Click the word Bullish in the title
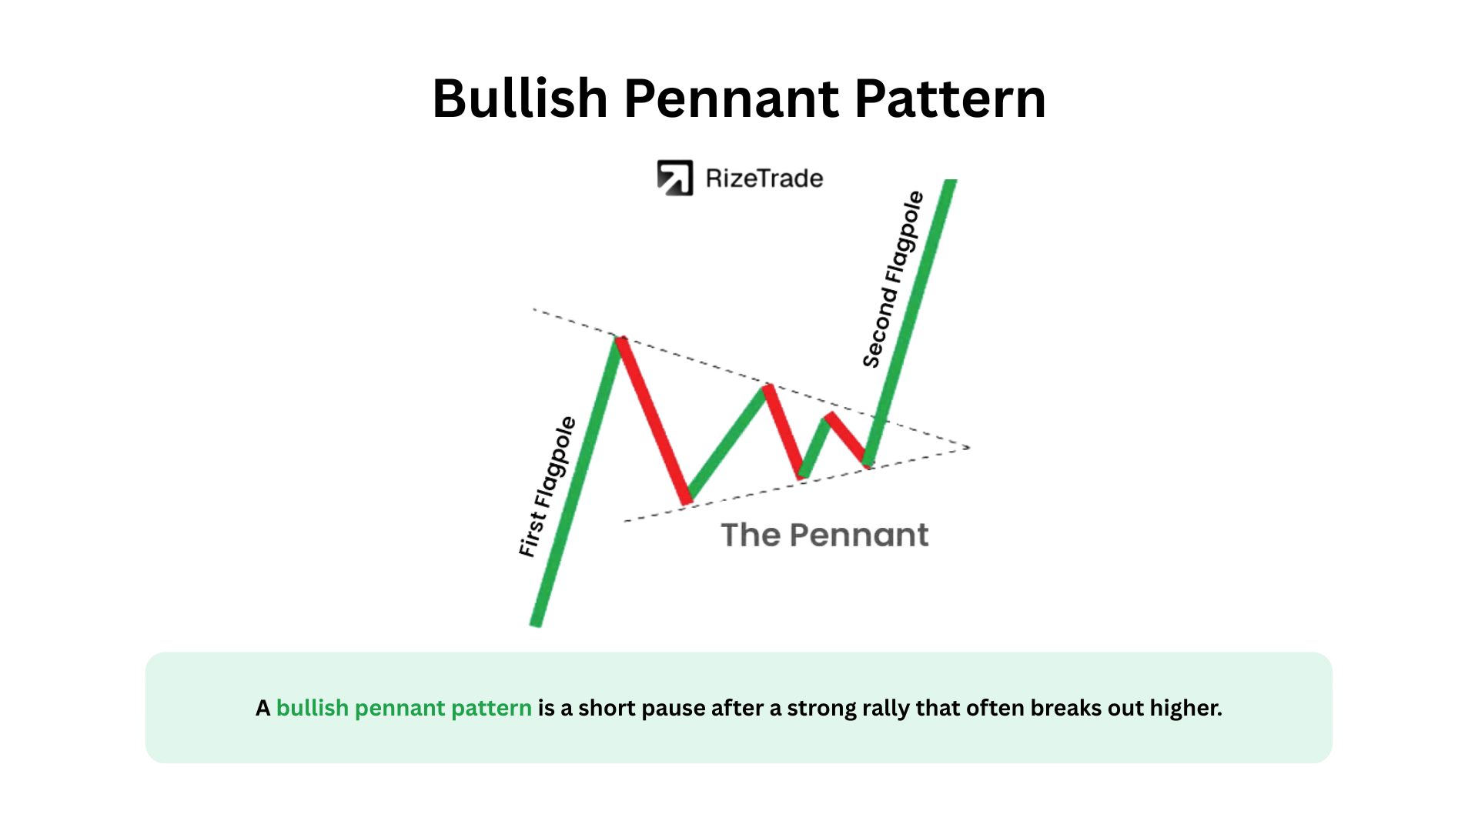pos(520,98)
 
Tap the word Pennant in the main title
pos(731,98)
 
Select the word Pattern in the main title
pos(950,98)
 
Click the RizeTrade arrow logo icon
pos(675,178)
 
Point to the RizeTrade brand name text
pos(764,179)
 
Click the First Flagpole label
pos(547,486)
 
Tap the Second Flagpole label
pos(893,279)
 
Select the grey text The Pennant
pos(824,535)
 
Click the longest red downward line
pos(654,420)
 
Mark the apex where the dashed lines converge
pos(969,447)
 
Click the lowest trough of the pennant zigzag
pos(687,501)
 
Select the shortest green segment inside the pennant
pos(814,447)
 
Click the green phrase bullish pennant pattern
pos(404,708)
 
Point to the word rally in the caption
pos(886,708)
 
